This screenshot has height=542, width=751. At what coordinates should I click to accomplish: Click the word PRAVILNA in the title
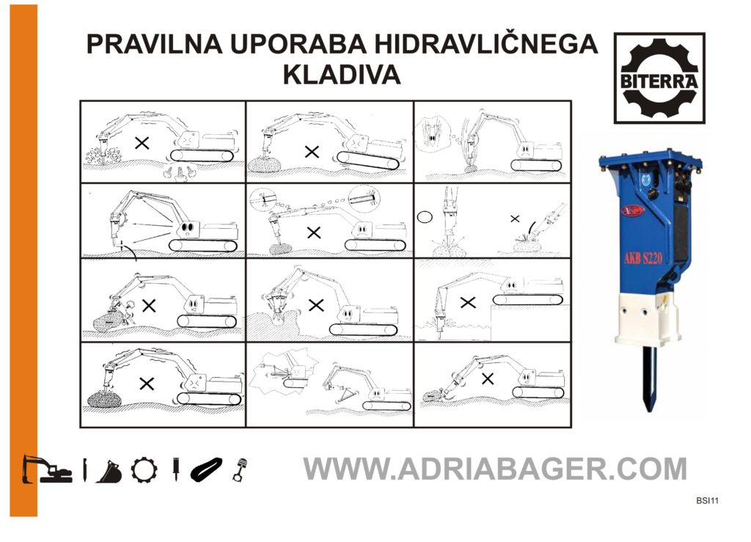click(x=154, y=44)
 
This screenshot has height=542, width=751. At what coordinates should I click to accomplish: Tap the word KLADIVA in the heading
click(x=342, y=75)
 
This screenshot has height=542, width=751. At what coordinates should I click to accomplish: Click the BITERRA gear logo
click(x=659, y=78)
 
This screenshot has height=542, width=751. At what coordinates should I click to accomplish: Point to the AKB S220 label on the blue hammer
click(x=642, y=259)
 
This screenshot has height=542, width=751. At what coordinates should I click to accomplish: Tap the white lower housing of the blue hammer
click(x=648, y=318)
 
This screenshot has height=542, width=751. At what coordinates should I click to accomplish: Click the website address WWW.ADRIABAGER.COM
click(x=495, y=469)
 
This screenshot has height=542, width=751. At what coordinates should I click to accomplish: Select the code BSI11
click(x=708, y=501)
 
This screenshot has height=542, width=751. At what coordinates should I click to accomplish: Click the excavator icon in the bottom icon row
click(x=47, y=469)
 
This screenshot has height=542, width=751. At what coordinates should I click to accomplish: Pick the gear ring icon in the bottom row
click(x=144, y=469)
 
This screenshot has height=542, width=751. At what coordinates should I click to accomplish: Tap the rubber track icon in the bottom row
click(x=206, y=469)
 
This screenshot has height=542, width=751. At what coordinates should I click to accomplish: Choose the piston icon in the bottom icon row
click(x=240, y=469)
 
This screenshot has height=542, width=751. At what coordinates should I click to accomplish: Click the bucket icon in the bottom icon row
click(x=109, y=472)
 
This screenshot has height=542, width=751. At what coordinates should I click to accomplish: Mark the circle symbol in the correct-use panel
click(x=425, y=217)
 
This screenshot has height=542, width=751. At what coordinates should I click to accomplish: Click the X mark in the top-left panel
click(x=142, y=143)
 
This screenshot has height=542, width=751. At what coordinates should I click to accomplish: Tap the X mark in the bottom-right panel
click(x=488, y=378)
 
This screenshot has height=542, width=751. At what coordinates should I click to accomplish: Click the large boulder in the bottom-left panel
click(x=104, y=398)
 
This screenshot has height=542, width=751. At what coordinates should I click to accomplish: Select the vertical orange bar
click(x=23, y=261)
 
